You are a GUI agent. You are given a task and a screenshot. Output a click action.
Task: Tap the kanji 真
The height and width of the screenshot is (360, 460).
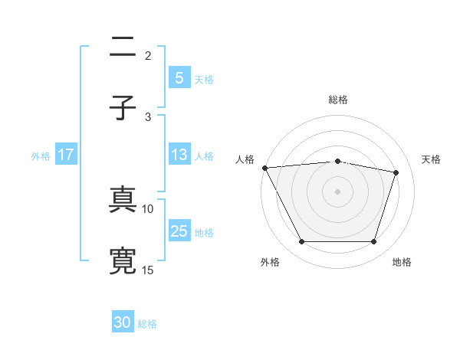tap(123, 201)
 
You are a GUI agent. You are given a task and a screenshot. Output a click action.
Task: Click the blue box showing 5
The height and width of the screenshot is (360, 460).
tap(179, 77)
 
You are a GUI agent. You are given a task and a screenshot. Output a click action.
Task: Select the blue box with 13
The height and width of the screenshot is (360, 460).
tap(179, 155)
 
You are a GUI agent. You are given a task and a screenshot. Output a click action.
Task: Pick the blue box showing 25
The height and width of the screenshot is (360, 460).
tap(179, 231)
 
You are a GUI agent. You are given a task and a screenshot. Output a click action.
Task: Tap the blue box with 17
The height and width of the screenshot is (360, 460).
tap(66, 155)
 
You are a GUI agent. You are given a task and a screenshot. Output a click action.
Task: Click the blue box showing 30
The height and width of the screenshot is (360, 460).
tap(123, 322)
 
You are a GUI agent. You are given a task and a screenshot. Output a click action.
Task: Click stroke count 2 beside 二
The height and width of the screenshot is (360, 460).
tap(148, 55)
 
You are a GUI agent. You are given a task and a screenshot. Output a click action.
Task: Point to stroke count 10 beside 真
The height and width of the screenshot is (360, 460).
tap(148, 208)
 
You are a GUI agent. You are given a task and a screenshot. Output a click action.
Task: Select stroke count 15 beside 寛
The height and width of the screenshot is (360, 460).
tap(148, 270)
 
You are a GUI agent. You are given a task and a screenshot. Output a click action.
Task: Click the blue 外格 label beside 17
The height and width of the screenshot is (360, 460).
tap(41, 155)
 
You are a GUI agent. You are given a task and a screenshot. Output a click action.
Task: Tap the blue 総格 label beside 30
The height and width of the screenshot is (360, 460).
tap(147, 323)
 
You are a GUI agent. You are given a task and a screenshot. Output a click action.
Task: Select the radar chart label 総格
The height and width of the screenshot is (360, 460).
tap(337, 100)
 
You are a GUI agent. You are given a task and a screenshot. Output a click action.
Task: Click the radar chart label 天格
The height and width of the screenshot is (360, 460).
tap(432, 159)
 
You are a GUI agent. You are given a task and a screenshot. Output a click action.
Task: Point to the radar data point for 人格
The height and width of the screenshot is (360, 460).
tap(264, 168)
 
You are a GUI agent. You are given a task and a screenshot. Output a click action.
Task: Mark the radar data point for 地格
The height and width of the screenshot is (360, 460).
tap(374, 242)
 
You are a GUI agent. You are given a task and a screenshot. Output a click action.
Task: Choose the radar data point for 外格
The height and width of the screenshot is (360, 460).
tap(301, 242)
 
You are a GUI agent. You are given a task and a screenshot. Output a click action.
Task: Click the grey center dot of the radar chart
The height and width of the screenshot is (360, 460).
tap(337, 191)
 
